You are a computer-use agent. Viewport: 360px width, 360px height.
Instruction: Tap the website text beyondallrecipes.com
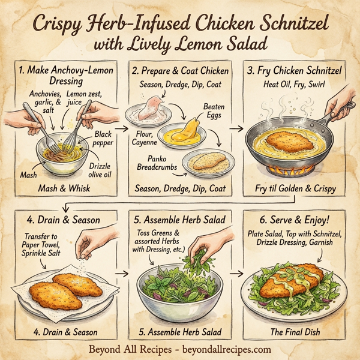(224, 349)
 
